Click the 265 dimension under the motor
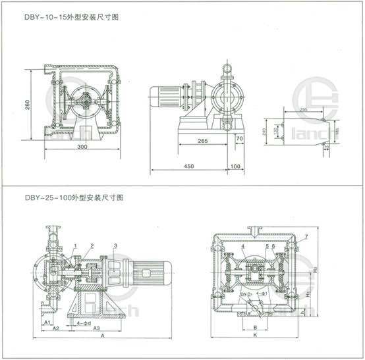coord(202,141)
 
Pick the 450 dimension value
coord(189,167)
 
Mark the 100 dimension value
coord(236,167)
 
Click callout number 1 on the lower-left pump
coord(76,245)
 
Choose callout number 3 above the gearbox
coord(116,245)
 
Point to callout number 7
coord(306,236)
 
